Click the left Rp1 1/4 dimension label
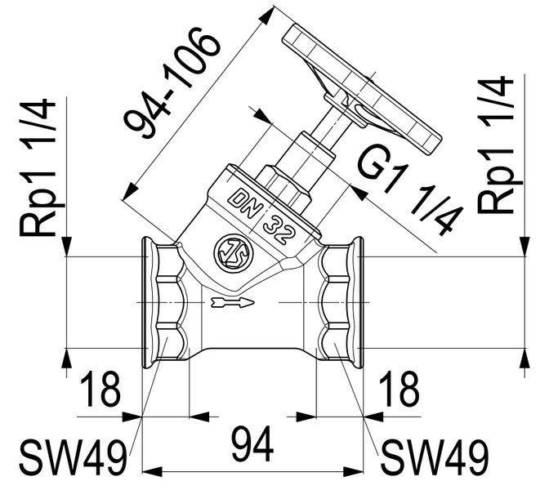tap(38, 167)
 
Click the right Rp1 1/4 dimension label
tap(498, 147)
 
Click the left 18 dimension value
tap(100, 391)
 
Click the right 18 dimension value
tap(399, 391)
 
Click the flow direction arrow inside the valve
tap(231, 304)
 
